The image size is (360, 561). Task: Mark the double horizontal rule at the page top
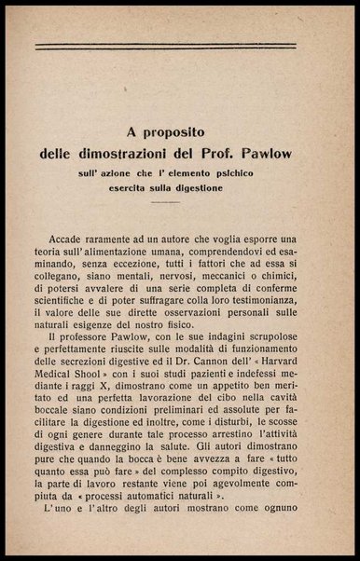(180, 46)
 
